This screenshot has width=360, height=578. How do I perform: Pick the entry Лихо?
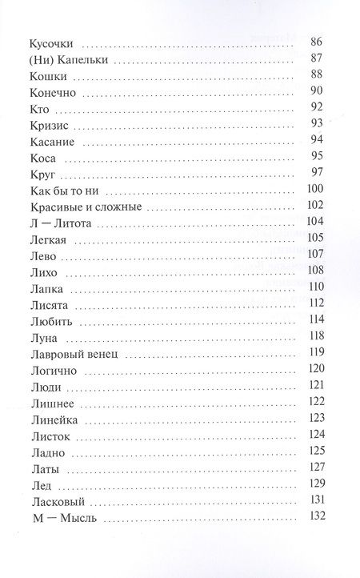[42, 273]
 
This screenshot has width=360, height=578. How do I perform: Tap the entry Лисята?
[46, 306]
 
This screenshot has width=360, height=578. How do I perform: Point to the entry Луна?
[41, 339]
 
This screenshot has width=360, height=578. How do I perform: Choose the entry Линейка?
[50, 420]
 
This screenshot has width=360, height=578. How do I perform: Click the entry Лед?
[38, 486]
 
